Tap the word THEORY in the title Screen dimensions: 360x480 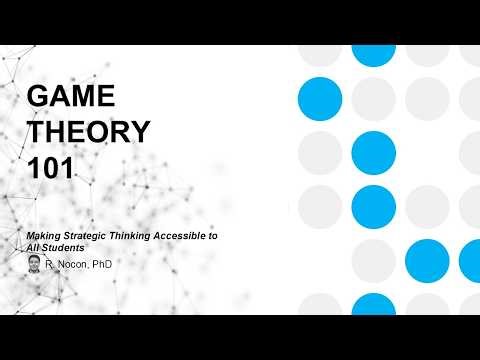click(88, 133)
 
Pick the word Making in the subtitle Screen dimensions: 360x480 click(42, 234)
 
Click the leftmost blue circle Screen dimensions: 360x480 click(320, 97)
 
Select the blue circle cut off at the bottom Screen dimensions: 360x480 click(374, 306)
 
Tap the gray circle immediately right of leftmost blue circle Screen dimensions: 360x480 click(374, 97)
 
